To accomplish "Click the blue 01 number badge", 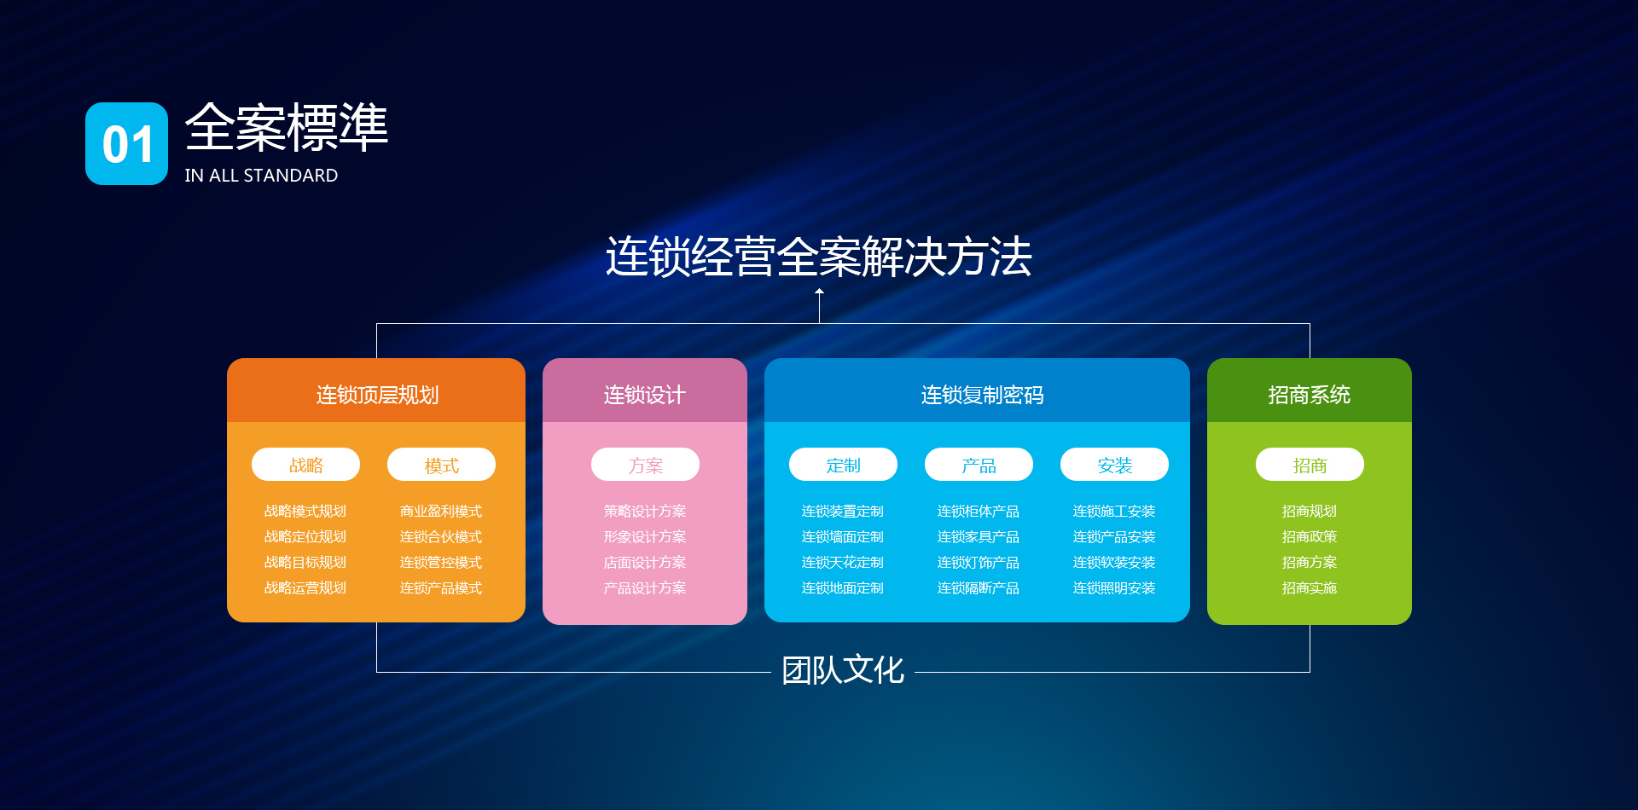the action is pos(126,143).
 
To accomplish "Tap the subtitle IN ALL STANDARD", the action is pos(261,176).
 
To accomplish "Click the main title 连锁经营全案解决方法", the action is pos(819,257).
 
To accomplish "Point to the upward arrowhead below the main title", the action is pos(819,292).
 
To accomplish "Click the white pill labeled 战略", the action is pos(305,465).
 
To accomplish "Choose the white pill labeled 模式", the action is pos(441,465).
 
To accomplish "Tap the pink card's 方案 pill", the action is pos(645,465).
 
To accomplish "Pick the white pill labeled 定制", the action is pos(843,465).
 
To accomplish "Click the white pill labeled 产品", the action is pos(979,465).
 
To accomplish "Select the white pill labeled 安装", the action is pos(1114,465).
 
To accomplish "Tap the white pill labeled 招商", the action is pos(1310,465).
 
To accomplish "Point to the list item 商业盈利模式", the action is pos(441,511).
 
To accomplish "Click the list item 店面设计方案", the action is pos(645,562).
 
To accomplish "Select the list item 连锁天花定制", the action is pos(843,562).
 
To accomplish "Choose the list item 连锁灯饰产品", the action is pos(979,562).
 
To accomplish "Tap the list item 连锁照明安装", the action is pos(1114,587).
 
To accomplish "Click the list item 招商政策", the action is pos(1310,536).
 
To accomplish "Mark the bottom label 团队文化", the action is pos(843,670).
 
